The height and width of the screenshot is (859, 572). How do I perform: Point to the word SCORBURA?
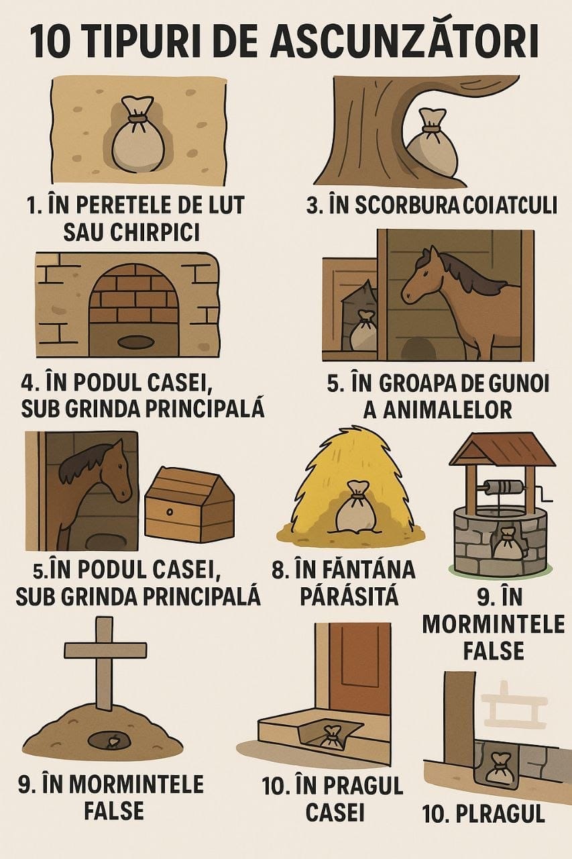tap(390, 205)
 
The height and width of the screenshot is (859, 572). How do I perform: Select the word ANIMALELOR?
tap(437, 409)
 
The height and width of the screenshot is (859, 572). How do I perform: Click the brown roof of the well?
tap(502, 448)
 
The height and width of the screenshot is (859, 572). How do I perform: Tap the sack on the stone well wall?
tap(508, 544)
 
